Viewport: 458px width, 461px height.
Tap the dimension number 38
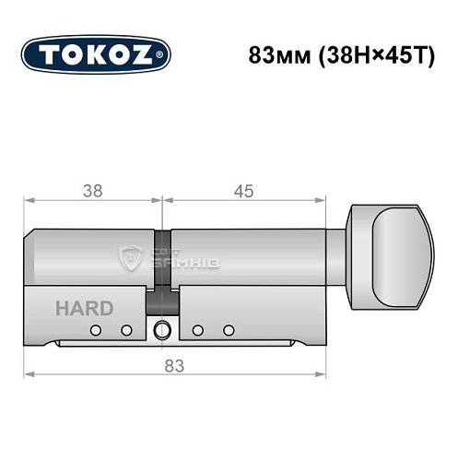click(x=92, y=191)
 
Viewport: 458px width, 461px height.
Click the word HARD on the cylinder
click(x=85, y=308)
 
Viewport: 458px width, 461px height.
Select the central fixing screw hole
click(x=163, y=329)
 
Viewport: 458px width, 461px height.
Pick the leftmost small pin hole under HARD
click(x=94, y=330)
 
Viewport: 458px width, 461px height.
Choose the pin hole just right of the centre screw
click(x=197, y=330)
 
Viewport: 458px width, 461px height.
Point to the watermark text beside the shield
click(x=170, y=262)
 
